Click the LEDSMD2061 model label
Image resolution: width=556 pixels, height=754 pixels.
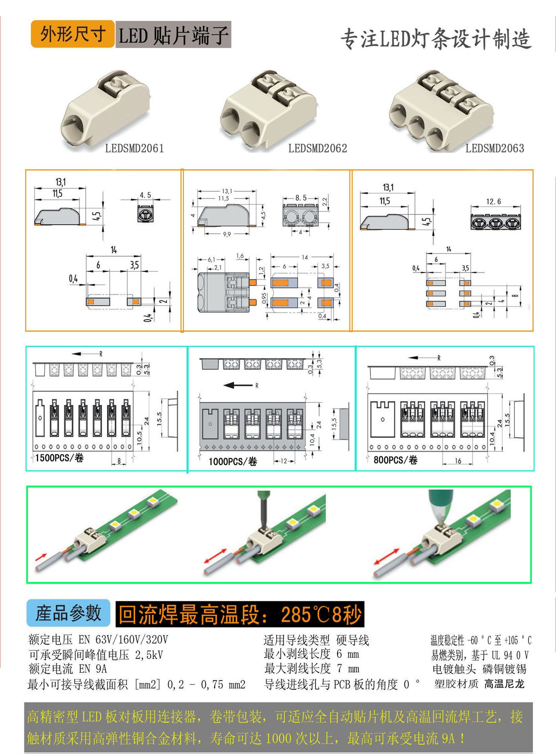pos(134,148)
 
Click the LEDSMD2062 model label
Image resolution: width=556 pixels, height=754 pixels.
pos(317,148)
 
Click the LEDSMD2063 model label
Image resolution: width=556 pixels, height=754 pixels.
pos(495,148)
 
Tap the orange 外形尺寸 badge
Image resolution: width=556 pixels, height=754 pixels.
pos(73,34)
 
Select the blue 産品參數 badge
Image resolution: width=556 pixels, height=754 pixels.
pos(68,613)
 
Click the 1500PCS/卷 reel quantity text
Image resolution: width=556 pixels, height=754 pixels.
pos(59,458)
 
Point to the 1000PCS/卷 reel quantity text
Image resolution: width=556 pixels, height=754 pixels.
pos(233,461)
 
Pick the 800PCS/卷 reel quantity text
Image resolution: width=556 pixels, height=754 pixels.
pos(395,460)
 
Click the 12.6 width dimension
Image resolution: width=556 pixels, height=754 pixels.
pos(494,202)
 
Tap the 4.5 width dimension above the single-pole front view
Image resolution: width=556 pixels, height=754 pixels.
pos(145,195)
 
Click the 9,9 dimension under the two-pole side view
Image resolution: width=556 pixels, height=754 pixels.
pos(227,234)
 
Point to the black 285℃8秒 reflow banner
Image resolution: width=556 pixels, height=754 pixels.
pos(240,614)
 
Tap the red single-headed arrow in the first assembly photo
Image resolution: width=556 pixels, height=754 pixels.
pos(40,557)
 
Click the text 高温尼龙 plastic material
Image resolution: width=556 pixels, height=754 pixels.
pos(504,684)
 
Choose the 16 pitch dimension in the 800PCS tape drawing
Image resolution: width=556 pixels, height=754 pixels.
pos(458,461)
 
